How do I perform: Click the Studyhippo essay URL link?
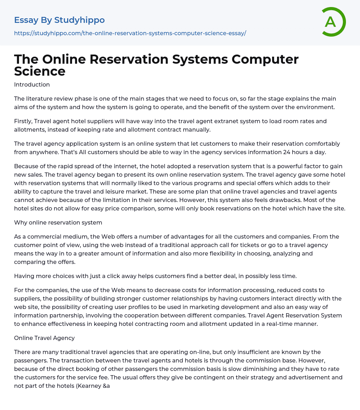click(130, 33)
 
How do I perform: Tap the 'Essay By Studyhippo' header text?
click(59, 20)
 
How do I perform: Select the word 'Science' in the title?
click(40, 71)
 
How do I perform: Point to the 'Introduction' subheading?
click(32, 84)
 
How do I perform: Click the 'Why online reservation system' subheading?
click(58, 222)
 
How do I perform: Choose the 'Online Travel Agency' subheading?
click(44, 338)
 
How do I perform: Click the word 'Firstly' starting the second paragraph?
click(24, 121)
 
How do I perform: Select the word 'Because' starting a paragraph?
click(26, 166)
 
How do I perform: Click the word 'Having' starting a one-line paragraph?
click(24, 276)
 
